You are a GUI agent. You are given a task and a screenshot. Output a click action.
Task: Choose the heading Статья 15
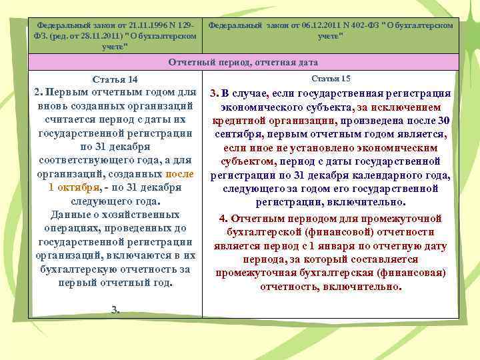tap(331, 79)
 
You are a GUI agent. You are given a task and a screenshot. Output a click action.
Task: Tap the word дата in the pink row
tap(307, 62)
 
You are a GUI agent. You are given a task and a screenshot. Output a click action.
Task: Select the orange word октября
tap(78, 187)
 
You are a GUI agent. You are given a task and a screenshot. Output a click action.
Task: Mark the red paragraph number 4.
tap(223, 218)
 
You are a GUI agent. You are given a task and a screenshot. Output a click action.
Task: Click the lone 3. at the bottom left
tap(115, 309)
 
